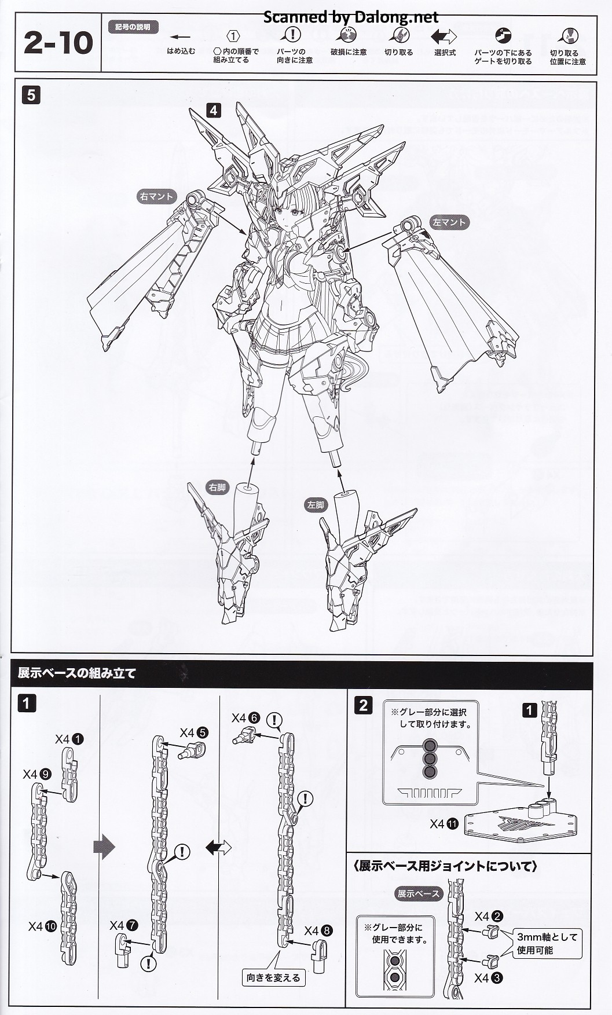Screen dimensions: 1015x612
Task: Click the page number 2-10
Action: coord(58,43)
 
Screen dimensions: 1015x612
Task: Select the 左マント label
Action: coord(449,222)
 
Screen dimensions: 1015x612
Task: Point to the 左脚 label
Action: coord(315,505)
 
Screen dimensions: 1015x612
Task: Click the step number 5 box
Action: coord(31,95)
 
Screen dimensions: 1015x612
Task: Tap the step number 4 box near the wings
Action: coord(214,110)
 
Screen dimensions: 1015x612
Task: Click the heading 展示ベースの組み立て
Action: coord(76,673)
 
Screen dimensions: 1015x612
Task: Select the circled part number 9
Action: coord(46,774)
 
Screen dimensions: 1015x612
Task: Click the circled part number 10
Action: coord(50,927)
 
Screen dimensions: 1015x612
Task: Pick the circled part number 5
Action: coord(202,733)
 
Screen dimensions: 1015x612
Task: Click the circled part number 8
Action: coord(327,931)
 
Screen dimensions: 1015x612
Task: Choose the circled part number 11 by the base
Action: coord(452,824)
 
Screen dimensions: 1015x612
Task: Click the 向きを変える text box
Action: coord(273,978)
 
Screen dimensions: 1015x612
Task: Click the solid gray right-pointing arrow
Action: coord(104,847)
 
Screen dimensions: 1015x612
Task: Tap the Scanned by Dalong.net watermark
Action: coord(351,17)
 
